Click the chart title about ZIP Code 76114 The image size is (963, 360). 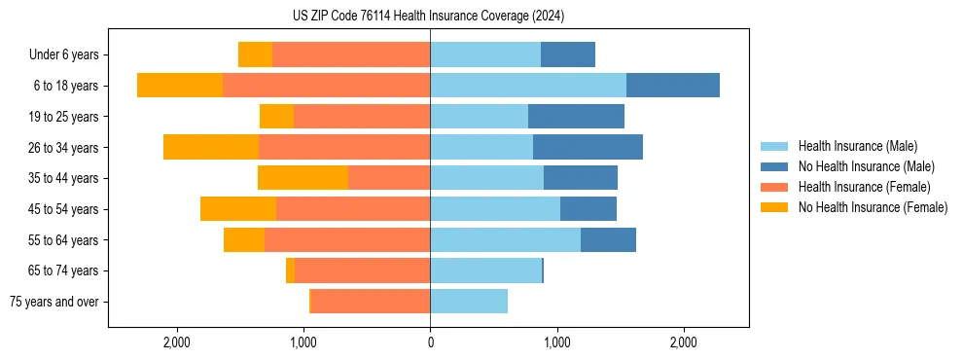point(428,16)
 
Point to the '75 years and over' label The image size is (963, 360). point(53,302)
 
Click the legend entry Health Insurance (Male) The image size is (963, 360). point(857,146)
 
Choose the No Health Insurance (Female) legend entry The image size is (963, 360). point(873,207)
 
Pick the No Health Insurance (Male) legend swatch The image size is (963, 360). point(774,166)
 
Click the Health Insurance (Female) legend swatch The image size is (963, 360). point(774,187)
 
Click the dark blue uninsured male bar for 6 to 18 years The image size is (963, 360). point(673,86)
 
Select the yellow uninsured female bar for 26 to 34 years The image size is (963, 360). point(211,147)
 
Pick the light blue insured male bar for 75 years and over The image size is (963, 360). point(469,302)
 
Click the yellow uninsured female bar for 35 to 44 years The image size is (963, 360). point(303,178)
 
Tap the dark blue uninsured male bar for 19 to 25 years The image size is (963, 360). point(576,117)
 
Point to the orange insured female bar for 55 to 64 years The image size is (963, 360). point(347,239)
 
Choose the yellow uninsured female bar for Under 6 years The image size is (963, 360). point(255,54)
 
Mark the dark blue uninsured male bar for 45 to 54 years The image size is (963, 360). point(588,209)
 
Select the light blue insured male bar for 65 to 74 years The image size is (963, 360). point(485,270)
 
